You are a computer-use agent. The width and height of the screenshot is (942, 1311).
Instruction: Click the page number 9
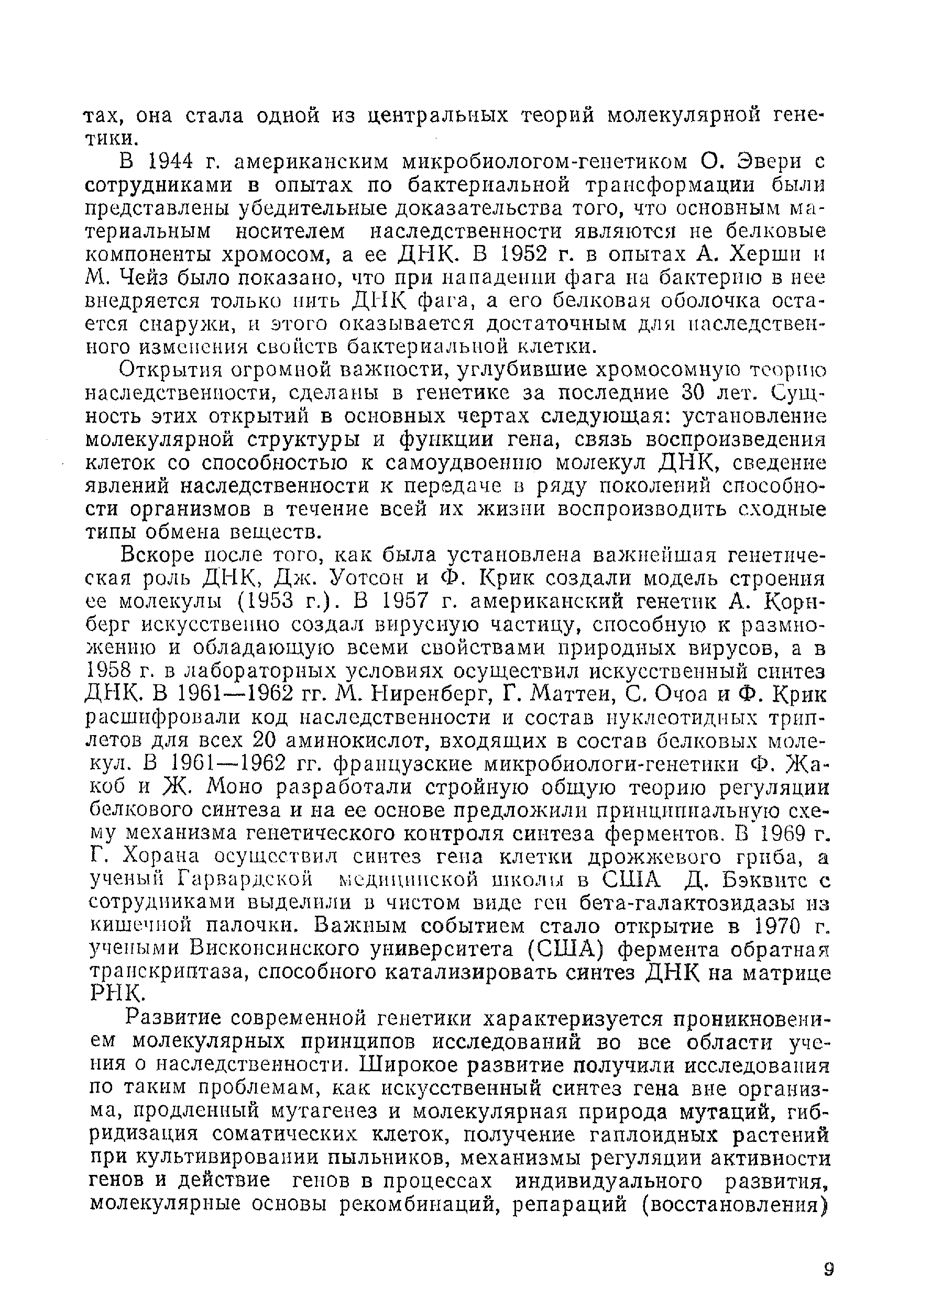pyautogui.click(x=828, y=1269)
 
